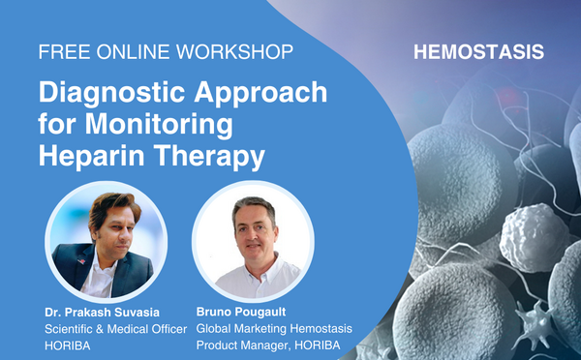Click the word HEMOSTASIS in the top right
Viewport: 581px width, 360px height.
(x=478, y=52)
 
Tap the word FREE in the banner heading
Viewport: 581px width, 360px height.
(x=65, y=52)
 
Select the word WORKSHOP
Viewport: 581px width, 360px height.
(x=234, y=52)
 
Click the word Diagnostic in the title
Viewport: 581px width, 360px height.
(x=112, y=93)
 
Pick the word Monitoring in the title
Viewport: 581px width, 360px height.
(x=159, y=126)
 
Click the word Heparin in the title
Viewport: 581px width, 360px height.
(x=92, y=158)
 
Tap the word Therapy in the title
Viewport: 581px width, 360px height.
(x=209, y=158)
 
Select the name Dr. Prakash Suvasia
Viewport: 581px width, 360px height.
(x=103, y=313)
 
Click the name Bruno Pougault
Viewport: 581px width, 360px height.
(x=241, y=312)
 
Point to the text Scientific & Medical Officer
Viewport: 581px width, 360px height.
(x=116, y=329)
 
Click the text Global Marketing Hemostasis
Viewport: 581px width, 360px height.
(x=274, y=328)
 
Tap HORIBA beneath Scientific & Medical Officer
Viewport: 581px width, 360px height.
(x=68, y=345)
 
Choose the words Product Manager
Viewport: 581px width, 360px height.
(x=242, y=345)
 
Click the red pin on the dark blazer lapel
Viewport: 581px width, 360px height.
(x=81, y=261)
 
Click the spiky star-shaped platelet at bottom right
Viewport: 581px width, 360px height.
(x=534, y=321)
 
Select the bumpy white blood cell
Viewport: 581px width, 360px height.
(x=534, y=237)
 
